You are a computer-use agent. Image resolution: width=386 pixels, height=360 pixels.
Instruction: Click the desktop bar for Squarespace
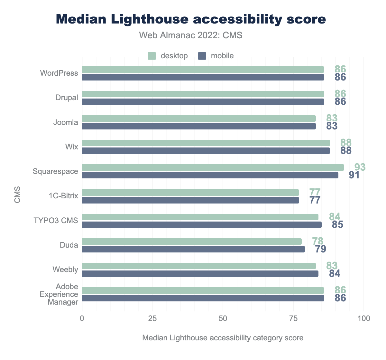(213, 167)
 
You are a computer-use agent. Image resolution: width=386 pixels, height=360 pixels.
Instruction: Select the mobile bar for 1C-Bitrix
(190, 200)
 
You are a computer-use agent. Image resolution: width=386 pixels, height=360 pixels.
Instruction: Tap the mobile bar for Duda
(193, 249)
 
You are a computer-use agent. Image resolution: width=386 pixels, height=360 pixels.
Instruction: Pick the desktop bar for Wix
(206, 143)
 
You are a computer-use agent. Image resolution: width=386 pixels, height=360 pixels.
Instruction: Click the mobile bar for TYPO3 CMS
(202, 225)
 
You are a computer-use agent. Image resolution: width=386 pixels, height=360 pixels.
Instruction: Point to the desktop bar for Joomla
(199, 118)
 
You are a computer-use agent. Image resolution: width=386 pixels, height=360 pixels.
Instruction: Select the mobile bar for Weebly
(200, 274)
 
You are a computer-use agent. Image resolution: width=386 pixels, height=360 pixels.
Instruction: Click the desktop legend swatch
(152, 56)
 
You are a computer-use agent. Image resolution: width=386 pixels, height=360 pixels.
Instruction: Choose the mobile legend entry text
(222, 56)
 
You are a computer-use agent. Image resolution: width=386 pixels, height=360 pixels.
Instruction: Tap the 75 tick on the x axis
(293, 318)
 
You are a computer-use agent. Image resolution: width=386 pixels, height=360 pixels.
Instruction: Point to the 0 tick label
(82, 318)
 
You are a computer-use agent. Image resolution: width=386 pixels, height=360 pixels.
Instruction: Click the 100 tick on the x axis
(364, 318)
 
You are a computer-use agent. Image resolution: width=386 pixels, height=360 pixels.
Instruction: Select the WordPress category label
(59, 73)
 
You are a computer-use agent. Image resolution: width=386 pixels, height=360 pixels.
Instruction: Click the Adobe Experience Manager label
(59, 294)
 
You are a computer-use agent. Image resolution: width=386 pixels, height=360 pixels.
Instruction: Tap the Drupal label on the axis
(67, 98)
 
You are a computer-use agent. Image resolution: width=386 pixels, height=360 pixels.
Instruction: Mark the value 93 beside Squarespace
(360, 167)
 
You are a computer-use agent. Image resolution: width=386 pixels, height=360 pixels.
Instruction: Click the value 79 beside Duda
(320, 249)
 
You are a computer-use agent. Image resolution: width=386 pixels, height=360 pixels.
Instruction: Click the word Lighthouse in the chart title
(148, 19)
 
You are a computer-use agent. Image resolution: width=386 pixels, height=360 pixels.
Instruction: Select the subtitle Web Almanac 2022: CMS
(191, 35)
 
